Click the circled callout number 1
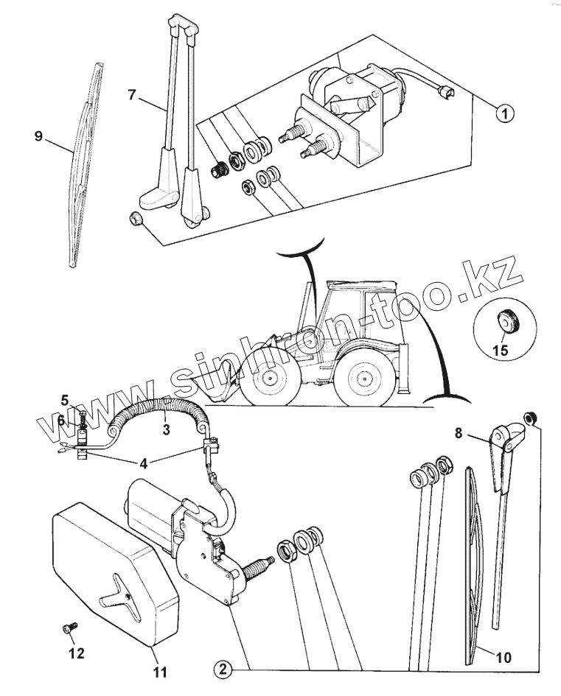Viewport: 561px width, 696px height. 504,113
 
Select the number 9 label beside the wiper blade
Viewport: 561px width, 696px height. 39,136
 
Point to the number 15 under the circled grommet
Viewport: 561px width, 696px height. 500,350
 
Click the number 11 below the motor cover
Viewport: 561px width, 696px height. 161,672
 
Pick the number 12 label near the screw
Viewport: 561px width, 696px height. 76,653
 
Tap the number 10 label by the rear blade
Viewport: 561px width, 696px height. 504,656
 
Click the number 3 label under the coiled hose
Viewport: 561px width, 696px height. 166,430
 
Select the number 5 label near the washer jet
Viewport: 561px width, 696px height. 65,401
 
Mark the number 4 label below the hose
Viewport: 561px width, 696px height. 143,463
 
